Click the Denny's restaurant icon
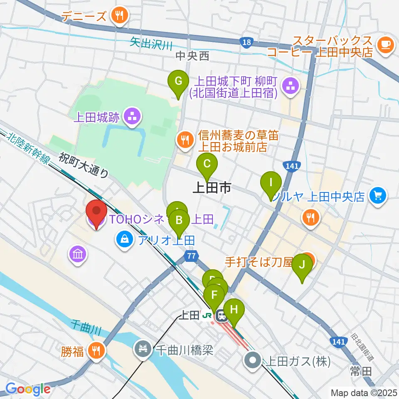tap(120, 16)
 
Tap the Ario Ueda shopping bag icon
tap(124, 239)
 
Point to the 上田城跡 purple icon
tap(133, 117)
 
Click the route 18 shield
tap(246, 42)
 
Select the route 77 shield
tap(191, 256)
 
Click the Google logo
tap(28, 389)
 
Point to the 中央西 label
tap(192, 56)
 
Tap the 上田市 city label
tap(212, 188)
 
